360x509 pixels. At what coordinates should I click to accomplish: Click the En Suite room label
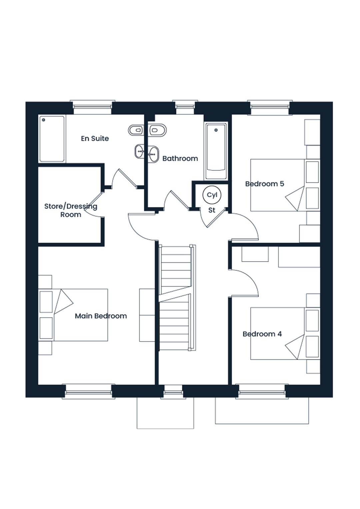pyautogui.click(x=95, y=138)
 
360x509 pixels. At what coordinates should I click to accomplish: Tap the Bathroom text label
pyautogui.click(x=180, y=158)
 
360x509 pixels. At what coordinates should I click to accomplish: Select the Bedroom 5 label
pyautogui.click(x=265, y=184)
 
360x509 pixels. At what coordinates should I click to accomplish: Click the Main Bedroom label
pyautogui.click(x=101, y=316)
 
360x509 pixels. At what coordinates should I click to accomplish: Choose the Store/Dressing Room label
pyautogui.click(x=71, y=210)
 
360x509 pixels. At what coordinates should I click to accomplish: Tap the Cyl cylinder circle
pyautogui.click(x=212, y=195)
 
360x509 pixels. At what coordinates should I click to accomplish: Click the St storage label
pyautogui.click(x=212, y=210)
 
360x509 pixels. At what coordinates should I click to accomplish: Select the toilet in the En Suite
pyautogui.click(x=136, y=130)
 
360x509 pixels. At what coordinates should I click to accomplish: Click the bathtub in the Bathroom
pyautogui.click(x=216, y=151)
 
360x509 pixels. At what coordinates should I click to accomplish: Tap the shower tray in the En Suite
pyautogui.click(x=52, y=139)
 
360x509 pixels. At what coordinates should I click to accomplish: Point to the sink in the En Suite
pyautogui.click(x=139, y=151)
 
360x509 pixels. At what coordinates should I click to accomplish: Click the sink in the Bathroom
pyautogui.click(x=153, y=154)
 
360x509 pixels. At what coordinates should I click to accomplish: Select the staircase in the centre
pyautogui.click(x=177, y=297)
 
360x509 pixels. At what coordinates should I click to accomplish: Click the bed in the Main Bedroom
pyautogui.click(x=73, y=315)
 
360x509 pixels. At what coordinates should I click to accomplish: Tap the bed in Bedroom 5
pyautogui.click(x=285, y=185)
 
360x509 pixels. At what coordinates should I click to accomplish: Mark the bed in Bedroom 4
pyautogui.click(x=285, y=334)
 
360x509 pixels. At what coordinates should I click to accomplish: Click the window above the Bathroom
pyautogui.click(x=185, y=107)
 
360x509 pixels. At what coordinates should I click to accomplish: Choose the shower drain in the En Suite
pyautogui.click(x=44, y=120)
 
